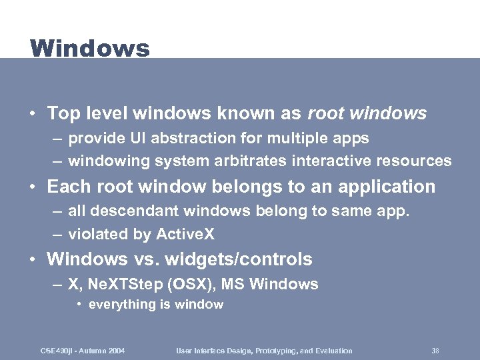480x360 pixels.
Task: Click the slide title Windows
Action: tap(90, 49)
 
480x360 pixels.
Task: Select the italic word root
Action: tap(327, 113)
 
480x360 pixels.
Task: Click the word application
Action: tap(385, 187)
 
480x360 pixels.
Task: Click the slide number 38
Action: tap(435, 351)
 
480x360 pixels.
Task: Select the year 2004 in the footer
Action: tap(115, 351)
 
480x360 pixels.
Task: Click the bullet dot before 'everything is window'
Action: tap(79, 305)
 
